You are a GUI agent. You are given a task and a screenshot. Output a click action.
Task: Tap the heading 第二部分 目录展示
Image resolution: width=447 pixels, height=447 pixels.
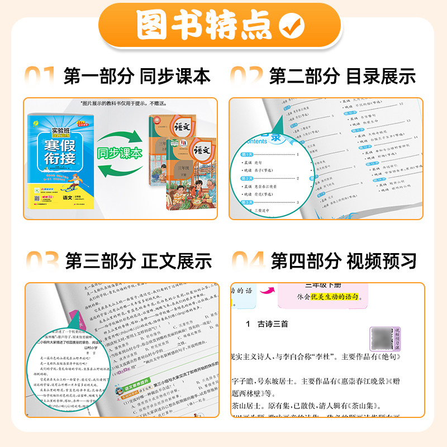click(x=343, y=76)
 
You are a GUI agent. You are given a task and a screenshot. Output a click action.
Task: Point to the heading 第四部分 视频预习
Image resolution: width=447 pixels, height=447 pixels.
click(x=344, y=260)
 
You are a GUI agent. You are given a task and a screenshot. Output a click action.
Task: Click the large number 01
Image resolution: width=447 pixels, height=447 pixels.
click(x=39, y=76)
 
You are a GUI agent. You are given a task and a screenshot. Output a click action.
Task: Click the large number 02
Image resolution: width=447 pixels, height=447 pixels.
click(x=246, y=76)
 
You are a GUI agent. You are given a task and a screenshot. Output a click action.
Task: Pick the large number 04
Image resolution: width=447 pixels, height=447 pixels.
click(x=247, y=260)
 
